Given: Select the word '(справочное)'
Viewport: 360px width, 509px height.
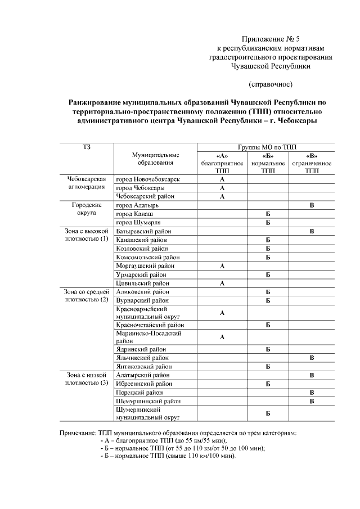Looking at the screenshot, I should pyautogui.click(x=271, y=84).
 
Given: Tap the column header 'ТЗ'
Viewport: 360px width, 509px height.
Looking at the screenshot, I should pyautogui.click(x=86, y=147).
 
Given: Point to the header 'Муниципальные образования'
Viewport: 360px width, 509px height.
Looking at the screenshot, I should pyautogui.click(x=156, y=159).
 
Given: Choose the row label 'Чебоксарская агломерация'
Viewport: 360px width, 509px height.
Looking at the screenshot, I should pyautogui.click(x=86, y=183).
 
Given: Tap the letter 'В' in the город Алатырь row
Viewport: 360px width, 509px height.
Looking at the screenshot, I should pyautogui.click(x=312, y=206).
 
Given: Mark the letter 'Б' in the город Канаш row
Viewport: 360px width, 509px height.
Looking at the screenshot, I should pyautogui.click(x=268, y=215).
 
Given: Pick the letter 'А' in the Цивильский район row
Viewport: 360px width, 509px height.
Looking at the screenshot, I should pyautogui.click(x=222, y=283).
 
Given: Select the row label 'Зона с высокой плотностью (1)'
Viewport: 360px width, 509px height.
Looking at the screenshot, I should pyautogui.click(x=86, y=235).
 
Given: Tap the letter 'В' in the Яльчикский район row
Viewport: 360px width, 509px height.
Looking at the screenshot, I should pyautogui.click(x=312, y=358).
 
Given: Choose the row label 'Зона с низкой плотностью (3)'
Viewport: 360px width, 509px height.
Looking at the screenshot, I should pyautogui.click(x=86, y=379).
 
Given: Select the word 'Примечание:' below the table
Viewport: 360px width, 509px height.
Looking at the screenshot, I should pyautogui.click(x=78, y=433).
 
